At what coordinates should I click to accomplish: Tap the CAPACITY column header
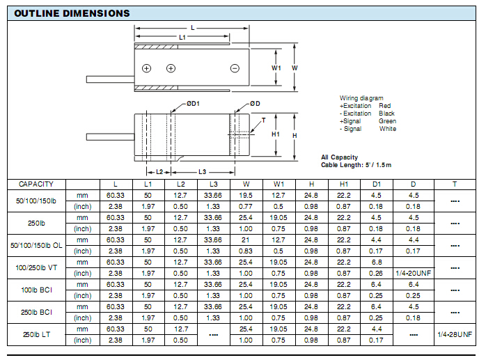36,184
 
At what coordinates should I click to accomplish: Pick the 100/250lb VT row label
36,267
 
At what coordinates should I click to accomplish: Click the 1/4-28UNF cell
454,334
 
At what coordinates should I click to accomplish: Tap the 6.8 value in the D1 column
376,262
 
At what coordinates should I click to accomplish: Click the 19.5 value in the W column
246,195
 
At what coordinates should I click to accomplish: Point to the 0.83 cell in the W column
246,251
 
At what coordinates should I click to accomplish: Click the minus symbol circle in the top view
235,68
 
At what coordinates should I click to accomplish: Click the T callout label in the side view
264,120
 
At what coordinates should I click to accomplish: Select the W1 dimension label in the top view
276,68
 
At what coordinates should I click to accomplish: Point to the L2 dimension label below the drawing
159,171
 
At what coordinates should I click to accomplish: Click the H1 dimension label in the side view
276,134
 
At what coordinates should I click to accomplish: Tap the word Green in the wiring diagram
388,120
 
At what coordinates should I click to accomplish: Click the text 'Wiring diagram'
360,98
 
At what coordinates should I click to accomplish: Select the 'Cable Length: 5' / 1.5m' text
356,164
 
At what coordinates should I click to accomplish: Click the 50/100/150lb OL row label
36,245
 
